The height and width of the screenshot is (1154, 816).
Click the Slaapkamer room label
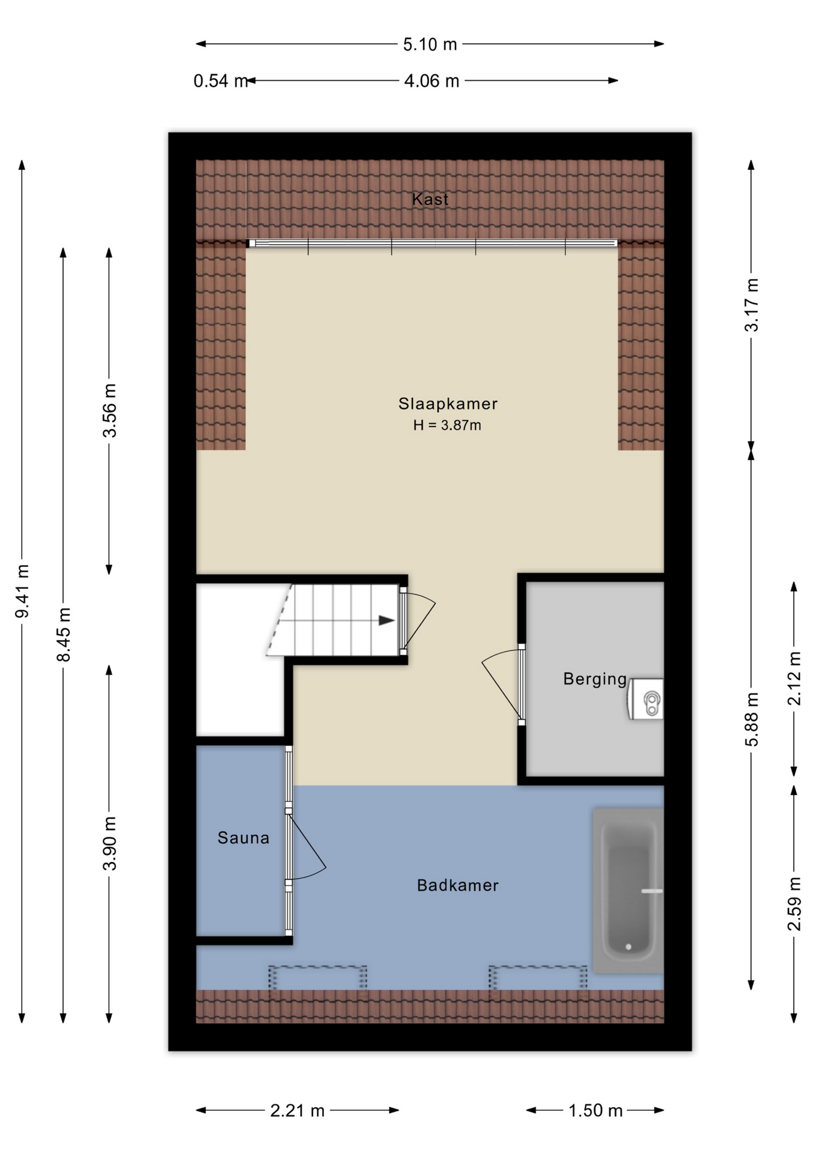point(448,404)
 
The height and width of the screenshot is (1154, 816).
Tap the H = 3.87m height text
point(447,426)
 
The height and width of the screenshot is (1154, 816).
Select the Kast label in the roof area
point(430,199)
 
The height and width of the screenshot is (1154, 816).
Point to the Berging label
point(595,679)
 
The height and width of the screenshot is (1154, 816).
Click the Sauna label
point(243,838)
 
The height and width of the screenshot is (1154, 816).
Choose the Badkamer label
point(458,885)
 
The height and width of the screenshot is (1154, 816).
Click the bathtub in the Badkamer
point(629,890)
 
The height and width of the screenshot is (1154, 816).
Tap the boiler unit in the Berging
point(645,699)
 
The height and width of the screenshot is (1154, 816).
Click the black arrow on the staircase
point(386,621)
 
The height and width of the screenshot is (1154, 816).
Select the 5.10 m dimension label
point(430,44)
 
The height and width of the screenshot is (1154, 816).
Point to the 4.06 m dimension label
point(431,81)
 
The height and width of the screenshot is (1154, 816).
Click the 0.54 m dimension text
point(221,81)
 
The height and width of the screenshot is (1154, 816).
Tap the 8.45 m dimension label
point(64,634)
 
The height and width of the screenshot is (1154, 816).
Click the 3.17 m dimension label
point(752,305)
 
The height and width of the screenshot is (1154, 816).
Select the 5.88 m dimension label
point(752,719)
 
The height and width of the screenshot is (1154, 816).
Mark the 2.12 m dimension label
point(794,679)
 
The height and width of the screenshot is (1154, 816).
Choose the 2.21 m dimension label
point(297,1111)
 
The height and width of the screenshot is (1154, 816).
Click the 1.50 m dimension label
point(595,1111)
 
